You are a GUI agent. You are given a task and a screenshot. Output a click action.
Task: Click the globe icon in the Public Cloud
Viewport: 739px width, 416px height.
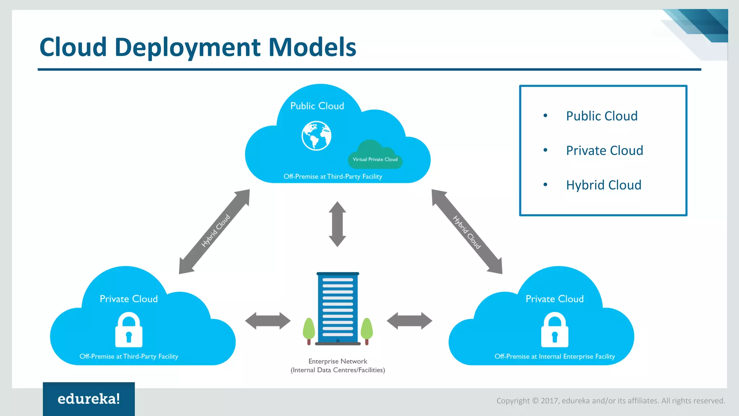pos(316,136)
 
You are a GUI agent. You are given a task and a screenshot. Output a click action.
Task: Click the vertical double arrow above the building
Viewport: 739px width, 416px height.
pos(337,224)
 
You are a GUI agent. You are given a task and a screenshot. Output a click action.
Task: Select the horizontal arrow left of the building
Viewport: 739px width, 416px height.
pos(268,321)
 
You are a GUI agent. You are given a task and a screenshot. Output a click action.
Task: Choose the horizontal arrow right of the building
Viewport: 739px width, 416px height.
pos(409,321)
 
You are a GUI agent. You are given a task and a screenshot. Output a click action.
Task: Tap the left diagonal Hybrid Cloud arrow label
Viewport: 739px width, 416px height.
pos(215,231)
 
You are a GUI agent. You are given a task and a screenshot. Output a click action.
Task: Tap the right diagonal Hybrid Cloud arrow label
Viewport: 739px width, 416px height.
pos(467,232)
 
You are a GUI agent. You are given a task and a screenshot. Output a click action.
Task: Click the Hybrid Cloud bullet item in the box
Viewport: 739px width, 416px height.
pos(603,185)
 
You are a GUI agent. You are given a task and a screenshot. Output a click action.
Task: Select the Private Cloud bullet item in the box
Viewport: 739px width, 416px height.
pos(604,150)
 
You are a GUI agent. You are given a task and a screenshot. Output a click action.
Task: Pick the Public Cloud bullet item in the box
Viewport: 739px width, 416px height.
pos(602,116)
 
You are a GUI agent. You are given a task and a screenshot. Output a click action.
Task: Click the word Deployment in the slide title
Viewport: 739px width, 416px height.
pos(187,47)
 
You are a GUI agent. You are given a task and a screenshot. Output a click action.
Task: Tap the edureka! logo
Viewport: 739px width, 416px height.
pos(89,399)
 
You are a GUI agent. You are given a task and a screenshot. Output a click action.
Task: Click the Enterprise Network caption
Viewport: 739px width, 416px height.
pos(338,361)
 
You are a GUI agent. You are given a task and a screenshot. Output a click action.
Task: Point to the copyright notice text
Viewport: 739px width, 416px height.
pos(611,400)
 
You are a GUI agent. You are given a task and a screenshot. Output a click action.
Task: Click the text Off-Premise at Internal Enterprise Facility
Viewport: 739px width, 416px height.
pos(555,356)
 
